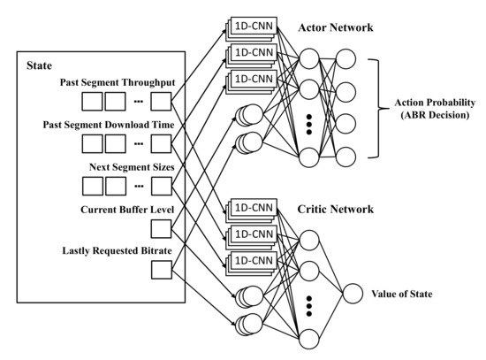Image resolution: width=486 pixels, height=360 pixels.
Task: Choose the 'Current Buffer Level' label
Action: (x=125, y=210)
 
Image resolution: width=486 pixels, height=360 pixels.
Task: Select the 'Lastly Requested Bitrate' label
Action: (x=117, y=252)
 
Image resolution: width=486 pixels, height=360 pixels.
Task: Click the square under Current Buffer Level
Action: (x=162, y=230)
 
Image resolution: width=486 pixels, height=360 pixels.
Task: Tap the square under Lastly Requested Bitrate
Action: (x=162, y=272)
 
